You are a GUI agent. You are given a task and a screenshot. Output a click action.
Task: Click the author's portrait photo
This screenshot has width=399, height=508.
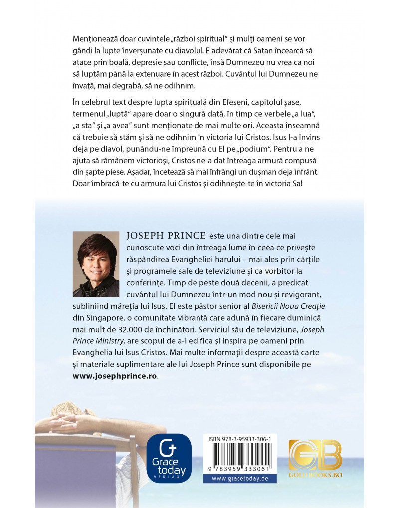[x=96, y=264]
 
